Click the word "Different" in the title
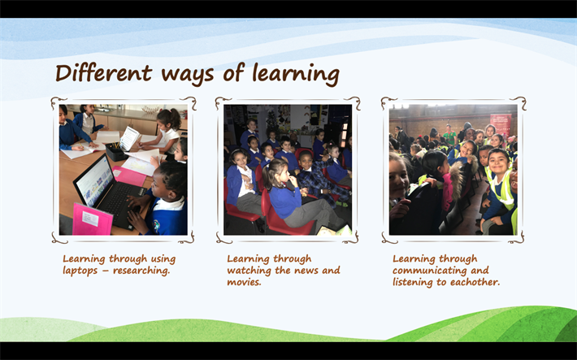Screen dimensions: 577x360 coord(104,73)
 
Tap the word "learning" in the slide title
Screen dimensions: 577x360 coord(296,75)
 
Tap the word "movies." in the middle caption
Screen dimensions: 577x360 coord(244,282)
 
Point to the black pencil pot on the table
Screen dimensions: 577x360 coord(116,152)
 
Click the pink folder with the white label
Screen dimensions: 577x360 coord(92,219)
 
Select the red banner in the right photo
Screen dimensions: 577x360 coord(501,125)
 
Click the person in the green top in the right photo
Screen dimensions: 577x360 coord(449,136)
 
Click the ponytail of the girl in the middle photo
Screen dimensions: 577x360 coord(267,173)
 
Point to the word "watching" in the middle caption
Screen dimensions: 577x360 coord(249,271)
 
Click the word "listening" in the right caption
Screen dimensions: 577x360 coord(413,282)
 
